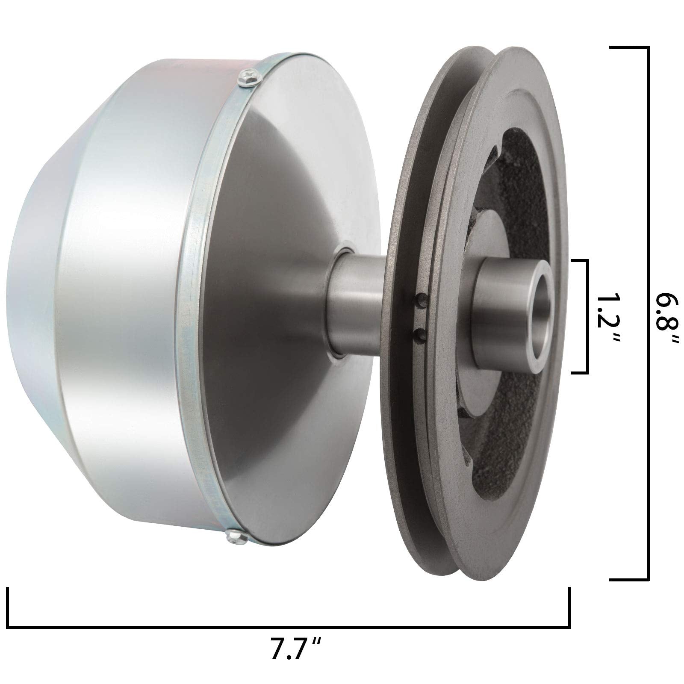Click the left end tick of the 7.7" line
tap(8, 607)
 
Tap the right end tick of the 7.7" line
tap(569, 607)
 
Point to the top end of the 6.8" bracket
tap(628, 47)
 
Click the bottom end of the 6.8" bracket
tap(628, 580)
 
